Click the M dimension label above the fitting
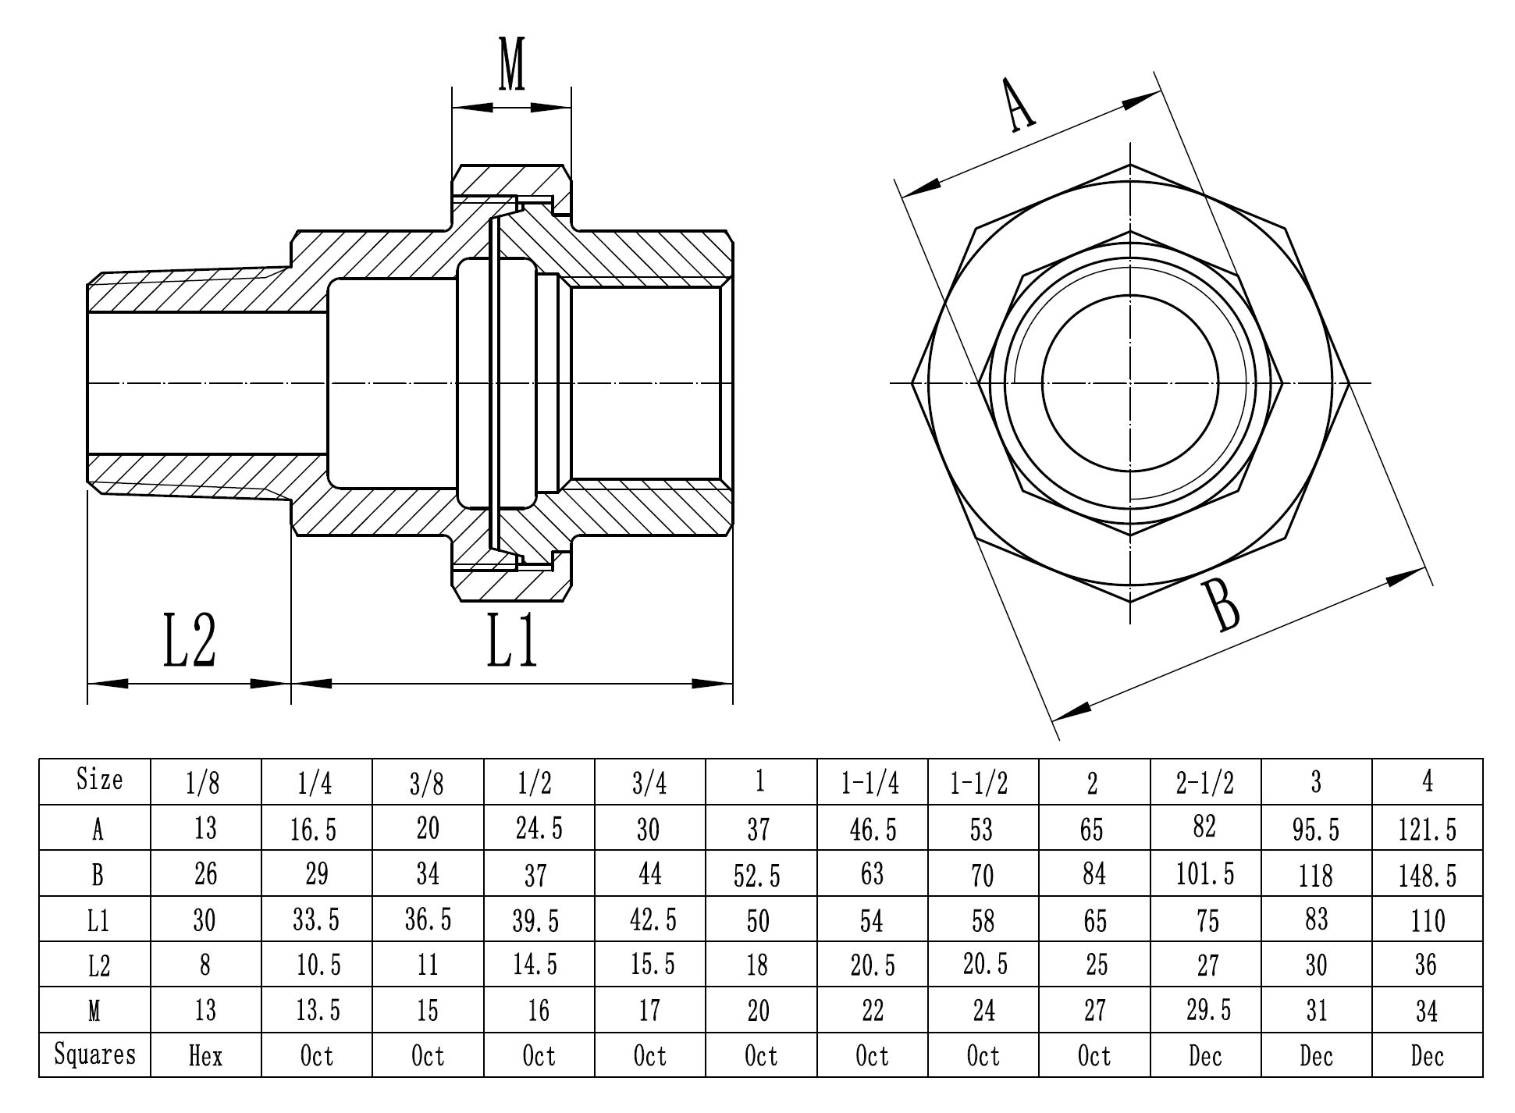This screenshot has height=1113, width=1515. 511,65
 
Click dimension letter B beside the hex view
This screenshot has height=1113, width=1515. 1222,606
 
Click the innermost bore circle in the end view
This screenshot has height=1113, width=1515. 1130,382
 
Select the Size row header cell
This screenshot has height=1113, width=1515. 99,779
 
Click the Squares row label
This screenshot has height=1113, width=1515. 94,1054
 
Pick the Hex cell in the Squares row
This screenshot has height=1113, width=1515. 205,1056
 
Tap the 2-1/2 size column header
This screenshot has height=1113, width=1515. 1204,781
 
